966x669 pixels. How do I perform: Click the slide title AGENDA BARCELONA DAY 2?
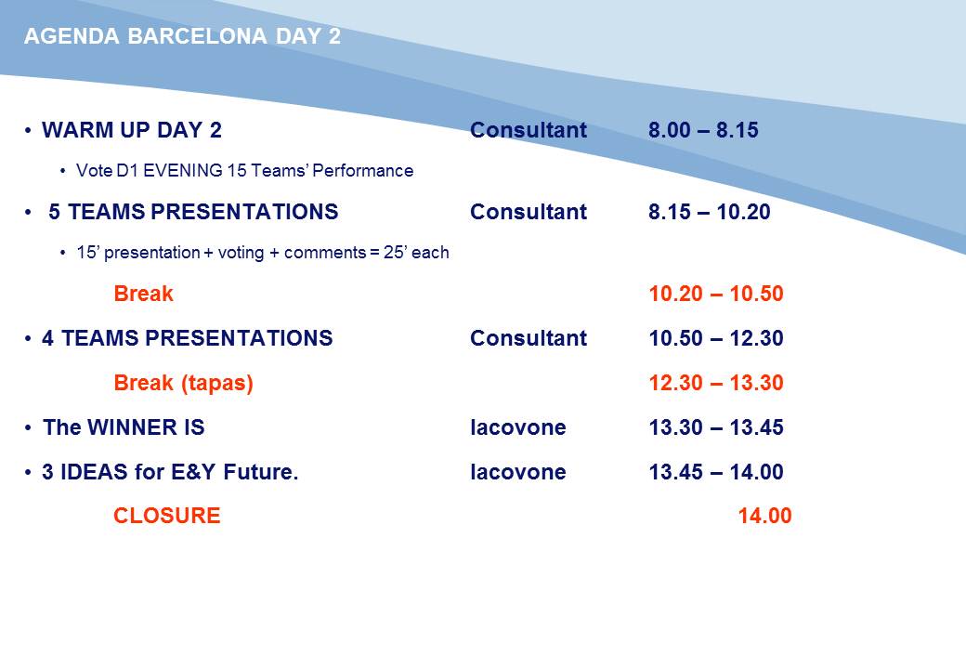(x=182, y=36)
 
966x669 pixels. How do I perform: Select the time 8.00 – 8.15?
(x=703, y=130)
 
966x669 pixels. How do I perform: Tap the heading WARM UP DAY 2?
(x=132, y=130)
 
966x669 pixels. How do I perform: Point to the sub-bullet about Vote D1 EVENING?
(x=244, y=171)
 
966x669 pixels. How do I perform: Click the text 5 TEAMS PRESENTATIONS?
(x=193, y=212)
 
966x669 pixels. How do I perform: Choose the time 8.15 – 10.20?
(x=709, y=212)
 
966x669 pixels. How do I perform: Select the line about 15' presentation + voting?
(x=263, y=253)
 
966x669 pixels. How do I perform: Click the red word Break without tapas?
(x=144, y=294)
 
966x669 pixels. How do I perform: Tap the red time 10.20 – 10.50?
(x=716, y=294)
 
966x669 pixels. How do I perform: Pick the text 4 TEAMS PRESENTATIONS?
(x=188, y=338)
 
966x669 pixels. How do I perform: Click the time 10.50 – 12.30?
(x=716, y=338)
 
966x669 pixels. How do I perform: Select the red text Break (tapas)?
(x=184, y=383)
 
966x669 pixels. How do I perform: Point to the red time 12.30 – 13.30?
(x=716, y=383)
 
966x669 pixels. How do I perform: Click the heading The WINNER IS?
(x=124, y=427)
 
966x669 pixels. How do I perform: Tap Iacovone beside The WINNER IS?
(x=518, y=427)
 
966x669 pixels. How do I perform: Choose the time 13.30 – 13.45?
(x=716, y=427)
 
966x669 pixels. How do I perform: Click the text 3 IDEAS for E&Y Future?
(x=170, y=472)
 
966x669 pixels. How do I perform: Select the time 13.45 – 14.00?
(x=716, y=472)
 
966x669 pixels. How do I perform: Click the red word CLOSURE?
(x=167, y=516)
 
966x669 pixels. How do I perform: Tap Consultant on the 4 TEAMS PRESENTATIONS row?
(x=529, y=338)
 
